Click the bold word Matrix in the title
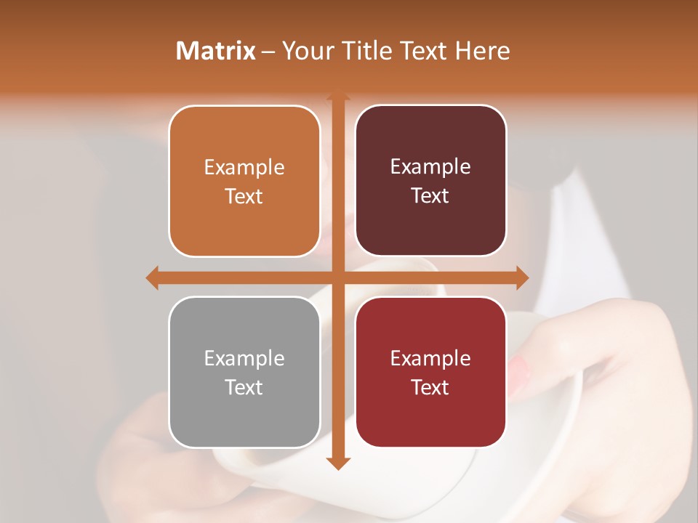click(216, 51)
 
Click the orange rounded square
click(244, 182)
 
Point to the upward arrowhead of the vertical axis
click(338, 96)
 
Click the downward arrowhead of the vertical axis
click(338, 463)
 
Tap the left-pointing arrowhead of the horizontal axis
click(153, 277)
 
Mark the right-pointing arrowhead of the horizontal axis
click(521, 277)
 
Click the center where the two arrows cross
click(338, 277)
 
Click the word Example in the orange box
click(244, 168)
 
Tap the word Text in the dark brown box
click(430, 196)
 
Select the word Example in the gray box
click(244, 358)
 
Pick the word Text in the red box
click(430, 387)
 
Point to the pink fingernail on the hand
click(520, 373)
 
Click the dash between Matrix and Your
click(268, 52)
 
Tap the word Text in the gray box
click(244, 387)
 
